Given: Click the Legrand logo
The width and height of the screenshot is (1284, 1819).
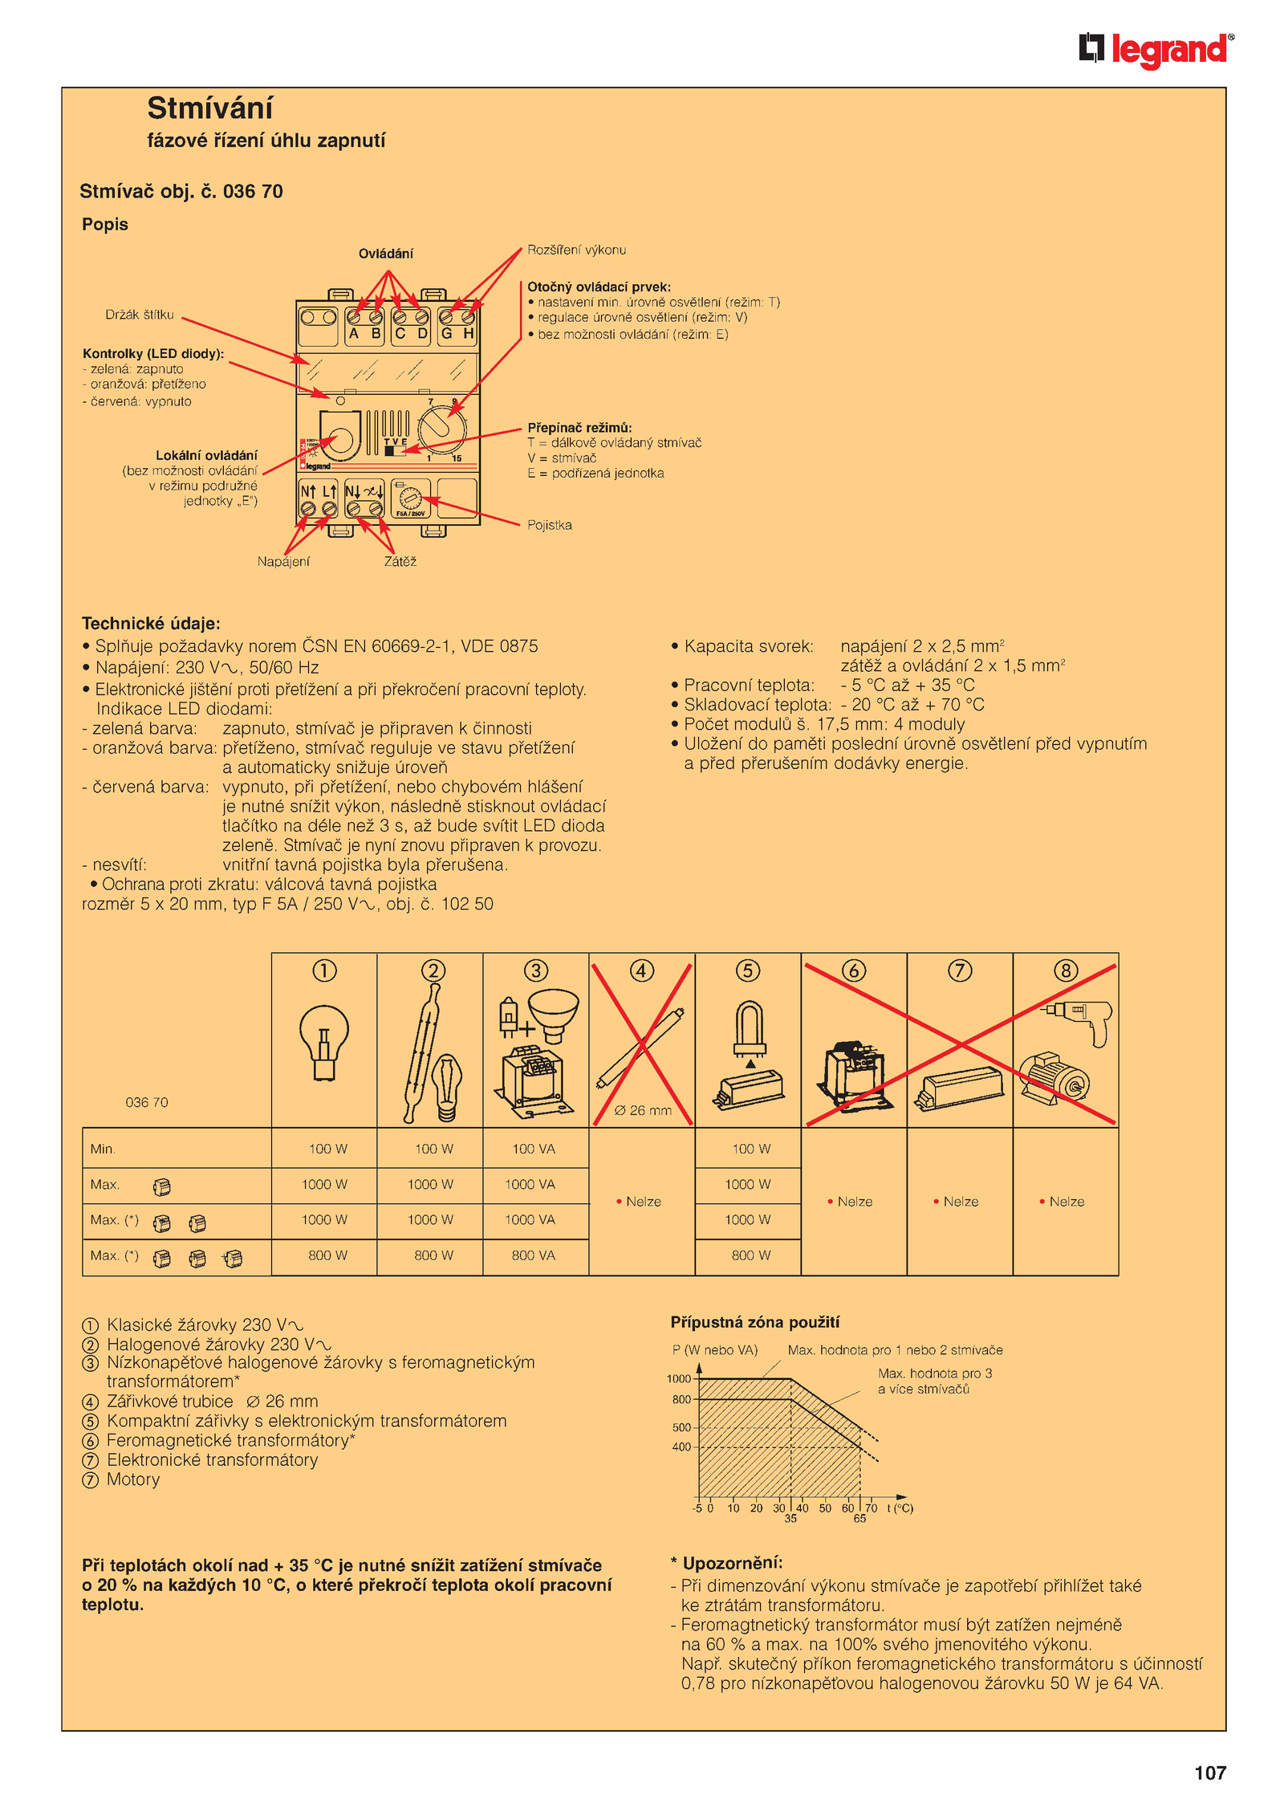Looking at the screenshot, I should (x=1156, y=50).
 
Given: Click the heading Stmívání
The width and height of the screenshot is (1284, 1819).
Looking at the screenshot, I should (x=209, y=108).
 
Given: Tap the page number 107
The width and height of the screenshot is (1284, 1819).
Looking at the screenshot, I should (x=1209, y=1772).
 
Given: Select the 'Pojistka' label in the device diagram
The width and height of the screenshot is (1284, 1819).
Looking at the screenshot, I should (x=549, y=525).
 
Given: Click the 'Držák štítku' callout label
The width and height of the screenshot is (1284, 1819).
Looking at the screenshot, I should (x=139, y=315).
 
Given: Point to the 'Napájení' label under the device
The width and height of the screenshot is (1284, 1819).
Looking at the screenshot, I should (x=282, y=562).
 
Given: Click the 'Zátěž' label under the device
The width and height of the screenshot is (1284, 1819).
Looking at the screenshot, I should (x=400, y=562).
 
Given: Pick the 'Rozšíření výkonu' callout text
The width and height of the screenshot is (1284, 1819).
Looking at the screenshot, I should (x=576, y=250).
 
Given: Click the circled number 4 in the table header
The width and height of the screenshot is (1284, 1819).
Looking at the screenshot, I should (x=641, y=971).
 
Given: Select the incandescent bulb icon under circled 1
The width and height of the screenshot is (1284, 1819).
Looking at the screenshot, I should (x=323, y=1041).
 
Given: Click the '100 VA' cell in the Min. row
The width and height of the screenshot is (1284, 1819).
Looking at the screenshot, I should (x=534, y=1149).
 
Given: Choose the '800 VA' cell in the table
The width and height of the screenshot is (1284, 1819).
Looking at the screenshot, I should (x=534, y=1255).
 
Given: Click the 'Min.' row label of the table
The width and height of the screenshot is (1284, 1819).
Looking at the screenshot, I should (x=103, y=1149).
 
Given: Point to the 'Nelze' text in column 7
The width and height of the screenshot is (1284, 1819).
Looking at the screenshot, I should (x=961, y=1202).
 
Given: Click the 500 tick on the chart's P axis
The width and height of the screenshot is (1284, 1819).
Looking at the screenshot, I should (x=681, y=1427).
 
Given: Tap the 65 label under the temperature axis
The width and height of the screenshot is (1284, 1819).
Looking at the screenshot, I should (x=859, y=1519).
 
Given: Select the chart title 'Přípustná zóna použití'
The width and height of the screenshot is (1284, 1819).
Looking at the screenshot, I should (x=754, y=1322).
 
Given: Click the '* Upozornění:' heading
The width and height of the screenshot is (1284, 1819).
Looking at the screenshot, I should (x=727, y=1563).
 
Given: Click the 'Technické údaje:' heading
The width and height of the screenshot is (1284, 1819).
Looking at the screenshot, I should (x=151, y=624).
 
